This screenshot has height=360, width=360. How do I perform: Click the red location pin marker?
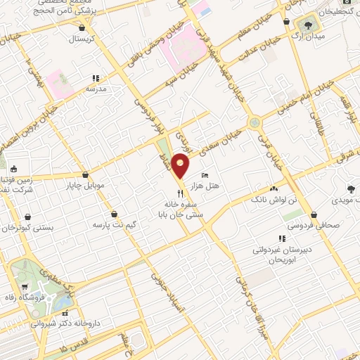[181, 165]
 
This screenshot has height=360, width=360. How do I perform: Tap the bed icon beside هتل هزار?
[205, 174]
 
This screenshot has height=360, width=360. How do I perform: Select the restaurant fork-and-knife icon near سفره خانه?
[181, 192]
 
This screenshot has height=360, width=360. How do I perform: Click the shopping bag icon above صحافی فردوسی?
[314, 214]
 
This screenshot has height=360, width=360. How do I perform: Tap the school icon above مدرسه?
[96, 79]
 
